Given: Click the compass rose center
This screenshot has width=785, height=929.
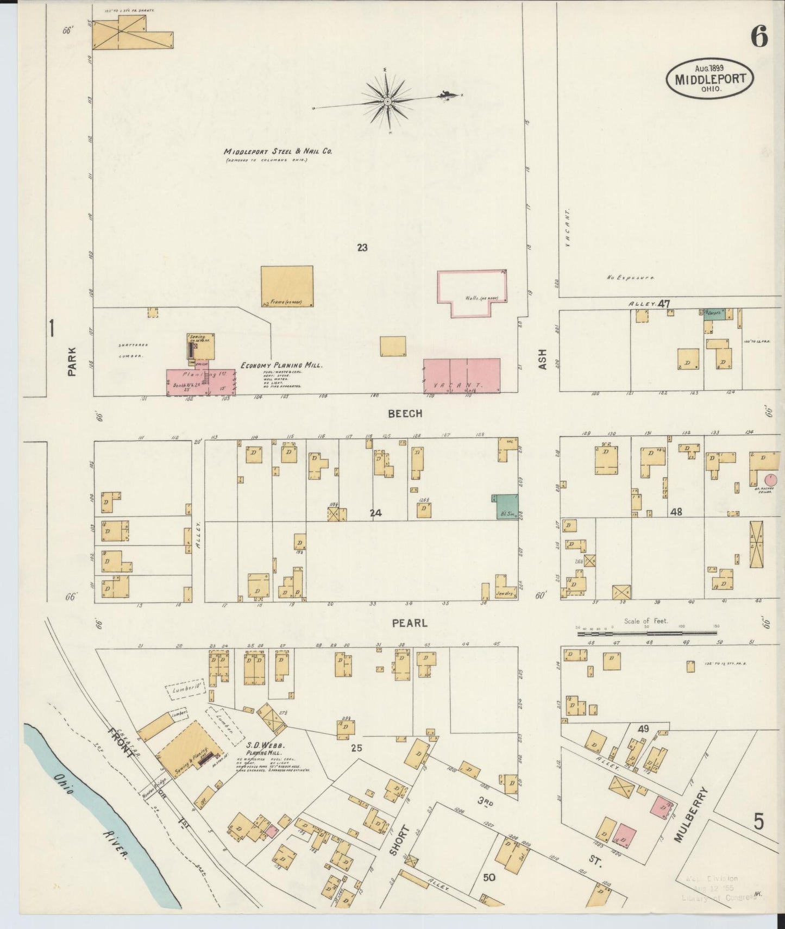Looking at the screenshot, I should pos(387,102).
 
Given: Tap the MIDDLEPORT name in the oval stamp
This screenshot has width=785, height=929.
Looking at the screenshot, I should pos(710,79).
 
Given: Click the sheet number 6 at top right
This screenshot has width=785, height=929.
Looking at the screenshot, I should pos(759,37).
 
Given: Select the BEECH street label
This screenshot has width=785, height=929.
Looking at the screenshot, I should pos(405,414).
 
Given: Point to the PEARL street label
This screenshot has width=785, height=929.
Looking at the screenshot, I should pos(410,623).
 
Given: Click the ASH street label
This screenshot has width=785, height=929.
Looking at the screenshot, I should pos(542,360).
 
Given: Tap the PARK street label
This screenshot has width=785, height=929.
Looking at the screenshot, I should pos(72,362).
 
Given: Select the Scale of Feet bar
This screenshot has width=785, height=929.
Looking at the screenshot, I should pos(646,633).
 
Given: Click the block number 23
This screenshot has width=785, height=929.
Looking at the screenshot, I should pos(362,248).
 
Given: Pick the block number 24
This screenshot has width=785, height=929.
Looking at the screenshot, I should pos(375,512).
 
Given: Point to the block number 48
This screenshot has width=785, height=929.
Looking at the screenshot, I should pos(676,512).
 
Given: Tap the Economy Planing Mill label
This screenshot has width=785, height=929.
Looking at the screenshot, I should pos(281,366).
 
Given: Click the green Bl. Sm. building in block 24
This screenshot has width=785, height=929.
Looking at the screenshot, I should pos(505,507).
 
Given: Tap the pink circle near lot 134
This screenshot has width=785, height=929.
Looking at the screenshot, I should pos(770,480).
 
